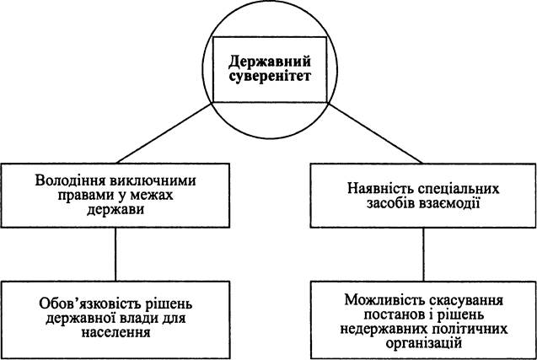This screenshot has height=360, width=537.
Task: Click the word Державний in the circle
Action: click(x=270, y=62)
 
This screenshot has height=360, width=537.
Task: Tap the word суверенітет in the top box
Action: click(x=270, y=77)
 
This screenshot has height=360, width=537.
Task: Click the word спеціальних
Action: click(x=458, y=189)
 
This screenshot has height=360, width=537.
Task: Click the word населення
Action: click(x=115, y=332)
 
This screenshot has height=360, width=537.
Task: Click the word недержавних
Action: click(x=384, y=329)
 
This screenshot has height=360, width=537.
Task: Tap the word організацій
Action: click(x=423, y=343)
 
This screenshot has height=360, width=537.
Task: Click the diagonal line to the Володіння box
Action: click(x=164, y=133)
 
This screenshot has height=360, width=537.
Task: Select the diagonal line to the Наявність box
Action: click(x=376, y=133)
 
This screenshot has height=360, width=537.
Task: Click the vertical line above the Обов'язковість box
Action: click(x=115, y=255)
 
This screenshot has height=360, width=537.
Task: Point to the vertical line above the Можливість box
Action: click(x=423, y=255)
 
